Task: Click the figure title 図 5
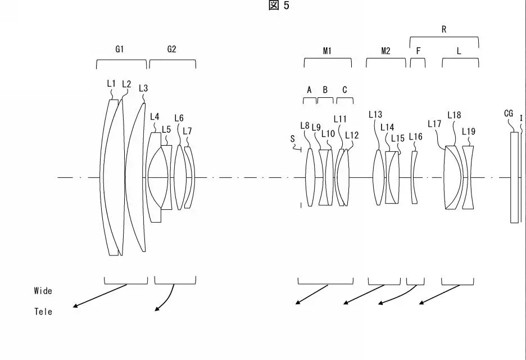pos(279,6)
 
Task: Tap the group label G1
pos(120,49)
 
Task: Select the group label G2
pos(172,49)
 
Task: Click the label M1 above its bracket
pos(328,51)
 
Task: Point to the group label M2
pos(386,51)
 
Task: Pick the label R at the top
pos(444,30)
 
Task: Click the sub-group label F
pos(418,51)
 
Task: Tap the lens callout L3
pos(143,88)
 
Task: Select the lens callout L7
pos(187,131)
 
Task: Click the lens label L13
pos(375,114)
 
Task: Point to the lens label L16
pos(415,136)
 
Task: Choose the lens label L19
pos(469,131)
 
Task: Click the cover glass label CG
pos(509,114)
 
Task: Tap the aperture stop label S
pos(292,138)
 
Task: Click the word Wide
pos(43,291)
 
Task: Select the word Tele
pos(43,312)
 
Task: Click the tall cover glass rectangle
pos(514,178)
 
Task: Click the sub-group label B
pos(325,89)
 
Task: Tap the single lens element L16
pos(415,178)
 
